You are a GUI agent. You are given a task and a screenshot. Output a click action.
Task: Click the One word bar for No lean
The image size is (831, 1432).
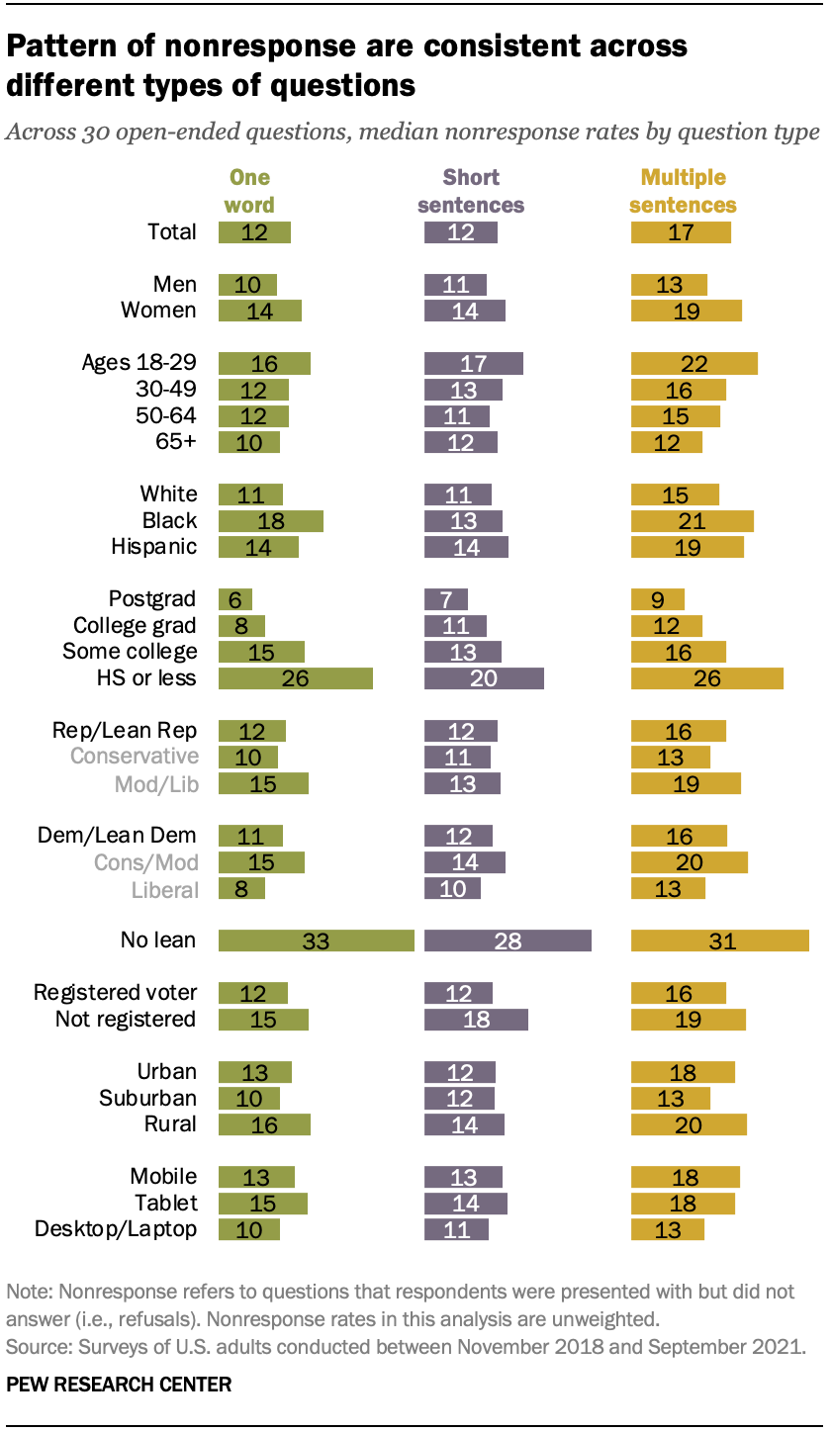pos(316,940)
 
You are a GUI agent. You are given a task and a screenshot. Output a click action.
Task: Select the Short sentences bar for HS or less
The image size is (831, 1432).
pos(484,678)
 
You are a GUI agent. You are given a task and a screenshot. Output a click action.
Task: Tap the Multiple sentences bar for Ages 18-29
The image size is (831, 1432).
pos(694,363)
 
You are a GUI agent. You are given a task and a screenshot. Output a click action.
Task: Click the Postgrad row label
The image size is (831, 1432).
pos(152,599)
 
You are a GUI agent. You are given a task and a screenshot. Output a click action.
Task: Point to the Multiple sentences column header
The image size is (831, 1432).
pos(684,192)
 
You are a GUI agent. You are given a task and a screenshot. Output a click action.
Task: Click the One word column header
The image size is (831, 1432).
pos(249,192)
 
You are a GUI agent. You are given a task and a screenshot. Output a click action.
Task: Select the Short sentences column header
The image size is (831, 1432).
pos(471,192)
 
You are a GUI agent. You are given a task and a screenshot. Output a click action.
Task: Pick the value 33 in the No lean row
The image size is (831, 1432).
pos(316,940)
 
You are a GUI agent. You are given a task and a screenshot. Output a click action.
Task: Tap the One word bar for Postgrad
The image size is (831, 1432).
pos(234,599)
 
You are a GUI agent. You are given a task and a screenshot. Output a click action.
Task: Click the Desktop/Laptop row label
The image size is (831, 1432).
pos(116,1229)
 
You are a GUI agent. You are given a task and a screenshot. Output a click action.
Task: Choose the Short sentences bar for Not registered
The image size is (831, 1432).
pos(476,1020)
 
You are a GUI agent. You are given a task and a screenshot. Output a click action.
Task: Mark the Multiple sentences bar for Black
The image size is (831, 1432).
pos(692,521)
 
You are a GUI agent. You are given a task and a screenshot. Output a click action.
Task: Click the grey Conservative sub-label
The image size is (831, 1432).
pos(133,757)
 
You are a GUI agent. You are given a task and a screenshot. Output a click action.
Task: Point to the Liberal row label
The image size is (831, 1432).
pos(164,889)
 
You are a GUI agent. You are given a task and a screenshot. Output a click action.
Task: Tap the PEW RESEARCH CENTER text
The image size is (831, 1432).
pos(119,1385)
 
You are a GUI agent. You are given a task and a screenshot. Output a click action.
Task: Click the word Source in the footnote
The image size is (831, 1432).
pos(33,1347)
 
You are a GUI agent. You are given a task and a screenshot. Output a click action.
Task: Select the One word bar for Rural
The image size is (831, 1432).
pos(264,1124)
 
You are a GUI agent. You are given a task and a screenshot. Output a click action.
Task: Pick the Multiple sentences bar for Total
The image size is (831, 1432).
pos(681,232)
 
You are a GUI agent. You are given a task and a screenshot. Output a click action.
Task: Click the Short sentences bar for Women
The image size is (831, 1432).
pos(465,311)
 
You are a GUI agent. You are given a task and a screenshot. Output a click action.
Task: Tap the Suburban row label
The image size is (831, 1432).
pos(147,1098)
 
